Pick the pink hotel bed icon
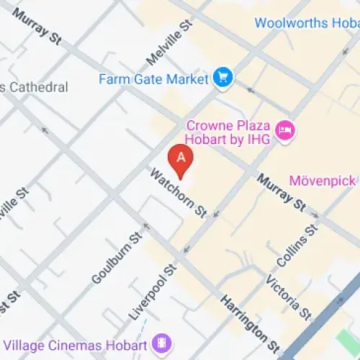287,130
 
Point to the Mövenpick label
324,180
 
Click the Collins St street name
297,247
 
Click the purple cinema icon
163,341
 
